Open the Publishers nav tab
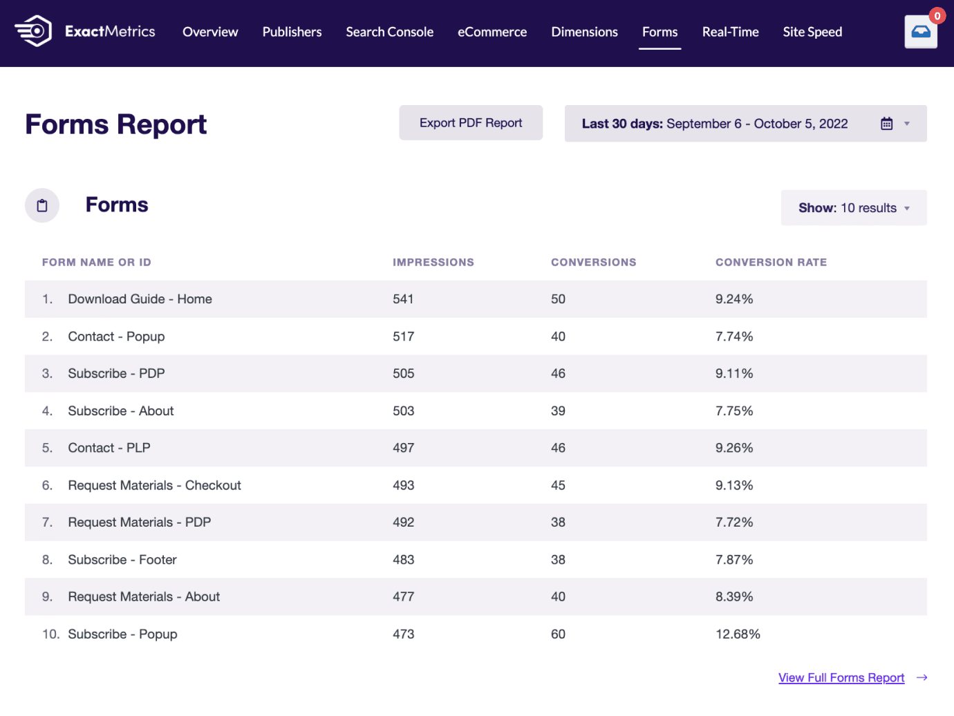pos(292,32)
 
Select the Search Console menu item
pos(389,32)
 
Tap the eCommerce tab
pos(492,32)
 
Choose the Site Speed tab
pos(812,32)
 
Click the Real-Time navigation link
pos(730,32)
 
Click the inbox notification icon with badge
pos(921,32)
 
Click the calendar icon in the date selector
pos(886,124)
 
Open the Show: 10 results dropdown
pos(853,208)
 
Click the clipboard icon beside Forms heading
pos(42,205)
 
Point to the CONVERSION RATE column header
pos(771,263)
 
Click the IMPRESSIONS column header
pos(433,263)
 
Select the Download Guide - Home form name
pos(140,299)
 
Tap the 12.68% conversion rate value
pos(738,634)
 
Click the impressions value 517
pos(403,337)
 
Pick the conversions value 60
pos(558,634)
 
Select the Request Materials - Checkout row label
pos(154,486)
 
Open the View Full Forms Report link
pos(841,678)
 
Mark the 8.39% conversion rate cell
pos(734,597)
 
